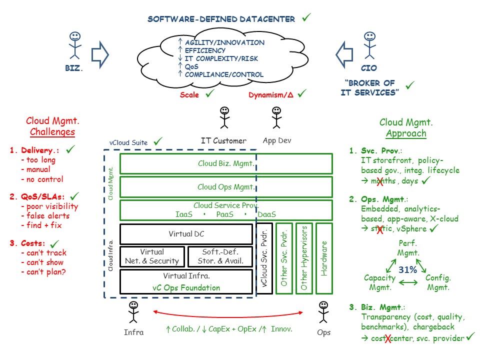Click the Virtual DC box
[x=186, y=234]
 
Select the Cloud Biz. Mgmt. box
[x=226, y=163]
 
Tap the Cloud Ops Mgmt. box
[x=226, y=187]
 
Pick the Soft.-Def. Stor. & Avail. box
[x=219, y=256]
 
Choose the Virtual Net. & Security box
[x=152, y=256]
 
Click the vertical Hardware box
[x=323, y=258]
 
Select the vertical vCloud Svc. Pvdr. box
[x=264, y=258]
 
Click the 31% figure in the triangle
[x=407, y=269]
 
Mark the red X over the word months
[x=380, y=181]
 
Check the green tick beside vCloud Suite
[x=158, y=141]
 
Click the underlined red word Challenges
[x=52, y=132]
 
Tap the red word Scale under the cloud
[x=189, y=95]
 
